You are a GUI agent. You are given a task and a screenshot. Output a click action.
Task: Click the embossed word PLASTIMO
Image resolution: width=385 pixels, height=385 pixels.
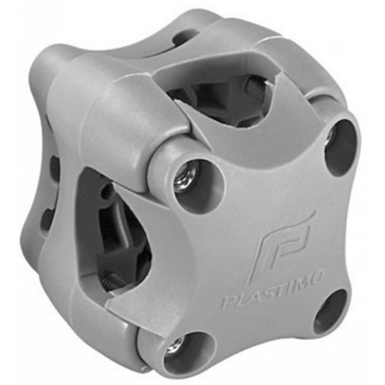[271, 288]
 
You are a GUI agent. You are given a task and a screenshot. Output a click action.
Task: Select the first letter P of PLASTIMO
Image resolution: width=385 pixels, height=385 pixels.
[228, 302]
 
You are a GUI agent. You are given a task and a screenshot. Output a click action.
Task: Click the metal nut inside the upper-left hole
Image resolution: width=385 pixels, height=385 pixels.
[186, 176]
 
